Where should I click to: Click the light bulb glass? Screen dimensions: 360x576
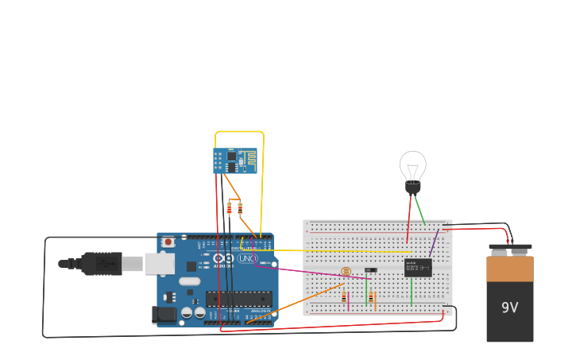412,166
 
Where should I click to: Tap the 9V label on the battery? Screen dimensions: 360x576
509,308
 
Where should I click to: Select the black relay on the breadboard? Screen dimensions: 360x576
417,267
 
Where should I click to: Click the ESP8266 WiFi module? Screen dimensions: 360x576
235,161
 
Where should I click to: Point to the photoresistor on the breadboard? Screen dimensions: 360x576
345,272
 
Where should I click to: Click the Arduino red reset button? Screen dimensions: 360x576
168,242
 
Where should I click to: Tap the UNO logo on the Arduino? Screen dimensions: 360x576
247,258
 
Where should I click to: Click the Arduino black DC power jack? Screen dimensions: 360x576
164,315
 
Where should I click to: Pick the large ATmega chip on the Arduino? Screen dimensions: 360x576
238,299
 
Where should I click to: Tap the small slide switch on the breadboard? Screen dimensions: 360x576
370,270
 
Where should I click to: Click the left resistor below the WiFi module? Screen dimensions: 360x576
230,208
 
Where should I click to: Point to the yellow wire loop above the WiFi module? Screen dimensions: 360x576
238,132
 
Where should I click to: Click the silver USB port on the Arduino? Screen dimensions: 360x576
160,264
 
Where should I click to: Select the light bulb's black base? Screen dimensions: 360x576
412,188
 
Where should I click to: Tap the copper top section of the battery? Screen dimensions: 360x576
509,269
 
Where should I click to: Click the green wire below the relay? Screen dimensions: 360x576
412,292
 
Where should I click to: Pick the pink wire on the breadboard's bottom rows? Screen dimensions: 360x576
348,301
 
